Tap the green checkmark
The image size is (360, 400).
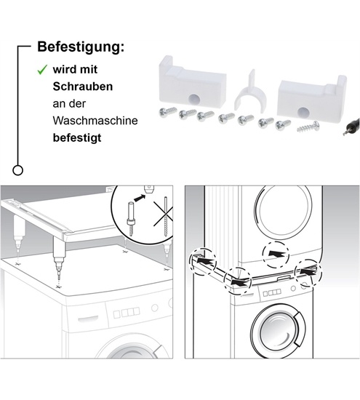tap(42, 71)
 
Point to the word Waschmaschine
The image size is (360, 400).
tap(95, 119)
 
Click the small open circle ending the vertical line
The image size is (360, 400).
tap(18, 169)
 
